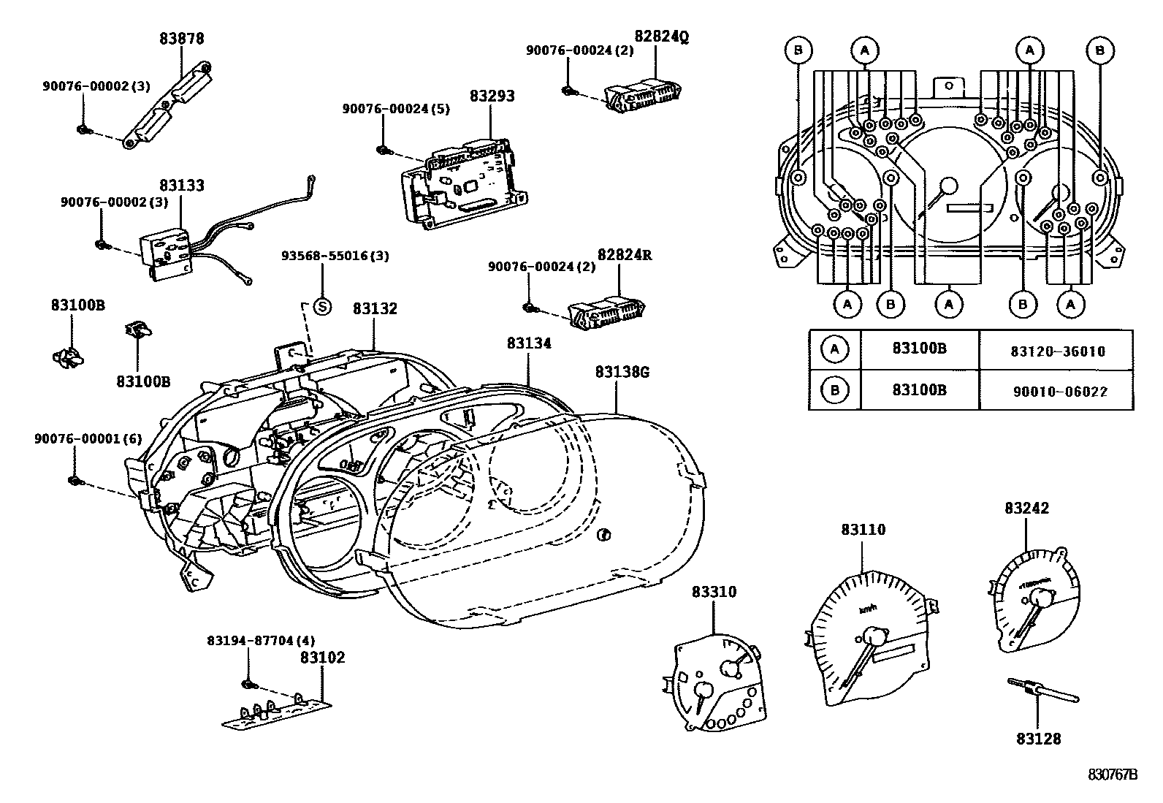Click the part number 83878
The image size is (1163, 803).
pos(182,38)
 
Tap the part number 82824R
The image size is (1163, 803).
pos(624,255)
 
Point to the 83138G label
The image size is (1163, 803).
pos(622,372)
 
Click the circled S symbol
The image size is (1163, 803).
pos(321,307)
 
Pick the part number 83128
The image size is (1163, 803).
pos(1038,739)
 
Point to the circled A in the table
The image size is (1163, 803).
pos(834,350)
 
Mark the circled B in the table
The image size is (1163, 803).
pos(834,390)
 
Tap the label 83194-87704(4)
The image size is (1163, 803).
pos(251,640)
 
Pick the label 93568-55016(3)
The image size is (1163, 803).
pos(335,256)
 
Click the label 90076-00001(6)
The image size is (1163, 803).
pos(88,438)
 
